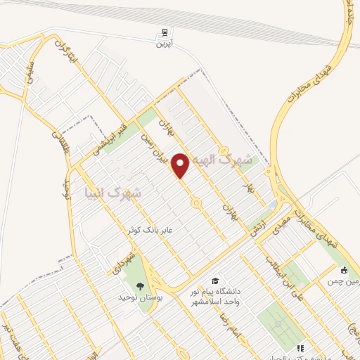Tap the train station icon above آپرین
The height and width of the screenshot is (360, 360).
click(163, 32)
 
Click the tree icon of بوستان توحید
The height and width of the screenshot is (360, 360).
click(139, 285)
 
